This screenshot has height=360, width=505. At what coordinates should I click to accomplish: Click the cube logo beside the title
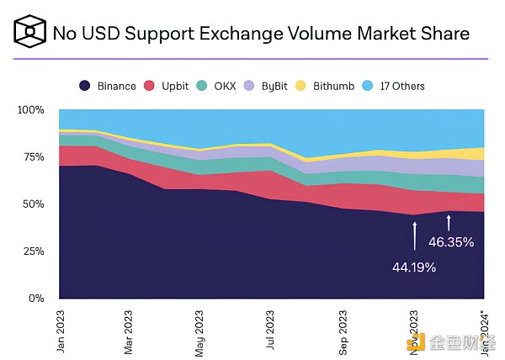tap(29, 34)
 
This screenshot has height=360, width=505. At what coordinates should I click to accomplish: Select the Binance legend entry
tap(108, 86)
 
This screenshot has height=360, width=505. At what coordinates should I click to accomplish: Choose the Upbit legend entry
tap(167, 86)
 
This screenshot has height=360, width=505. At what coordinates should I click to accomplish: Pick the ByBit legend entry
tap(268, 86)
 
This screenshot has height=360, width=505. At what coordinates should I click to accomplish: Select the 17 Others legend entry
tap(394, 86)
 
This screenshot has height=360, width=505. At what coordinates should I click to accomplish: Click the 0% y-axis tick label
tap(35, 299)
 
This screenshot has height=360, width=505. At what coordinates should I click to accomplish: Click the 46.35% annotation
tap(451, 242)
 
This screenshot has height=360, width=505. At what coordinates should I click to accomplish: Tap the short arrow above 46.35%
tap(449, 222)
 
